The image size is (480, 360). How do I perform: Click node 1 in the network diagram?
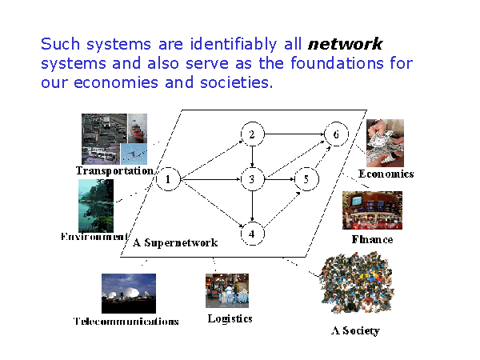(168, 180)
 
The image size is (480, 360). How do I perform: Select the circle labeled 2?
(252, 134)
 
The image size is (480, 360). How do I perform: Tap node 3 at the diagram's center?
(252, 180)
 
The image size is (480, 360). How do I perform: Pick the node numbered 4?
(252, 234)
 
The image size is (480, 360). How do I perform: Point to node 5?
(305, 180)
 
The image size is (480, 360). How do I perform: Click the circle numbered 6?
(336, 134)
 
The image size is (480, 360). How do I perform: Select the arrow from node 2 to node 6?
(294, 134)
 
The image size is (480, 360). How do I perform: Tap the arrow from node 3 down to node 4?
(252, 207)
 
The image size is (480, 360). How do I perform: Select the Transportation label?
(114, 170)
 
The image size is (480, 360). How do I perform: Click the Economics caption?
(386, 174)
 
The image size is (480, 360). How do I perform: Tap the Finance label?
(372, 238)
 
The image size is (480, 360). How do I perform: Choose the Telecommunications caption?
(126, 322)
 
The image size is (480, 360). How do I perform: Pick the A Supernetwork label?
(175, 242)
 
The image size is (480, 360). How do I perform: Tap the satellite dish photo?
(129, 293)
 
